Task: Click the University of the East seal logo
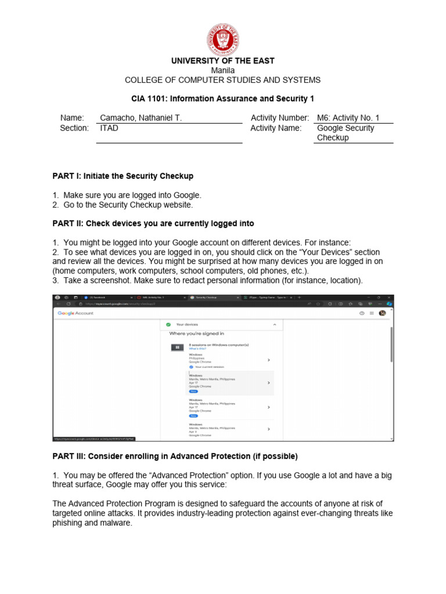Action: (223, 39)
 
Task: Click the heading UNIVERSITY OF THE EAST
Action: (222, 61)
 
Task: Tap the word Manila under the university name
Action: (222, 70)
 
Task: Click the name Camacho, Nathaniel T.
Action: (141, 118)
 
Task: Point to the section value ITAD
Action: (109, 128)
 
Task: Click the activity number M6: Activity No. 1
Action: (347, 118)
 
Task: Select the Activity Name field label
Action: (276, 128)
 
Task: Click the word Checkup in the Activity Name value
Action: (333, 137)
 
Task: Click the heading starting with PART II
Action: (153, 223)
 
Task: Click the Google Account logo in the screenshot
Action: (75, 313)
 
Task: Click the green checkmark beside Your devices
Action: (167, 325)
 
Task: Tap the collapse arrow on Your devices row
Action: (275, 325)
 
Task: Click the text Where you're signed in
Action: (196, 334)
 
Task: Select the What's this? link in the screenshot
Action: (196, 349)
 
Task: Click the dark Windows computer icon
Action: (177, 347)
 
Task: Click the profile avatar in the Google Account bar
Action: (382, 313)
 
